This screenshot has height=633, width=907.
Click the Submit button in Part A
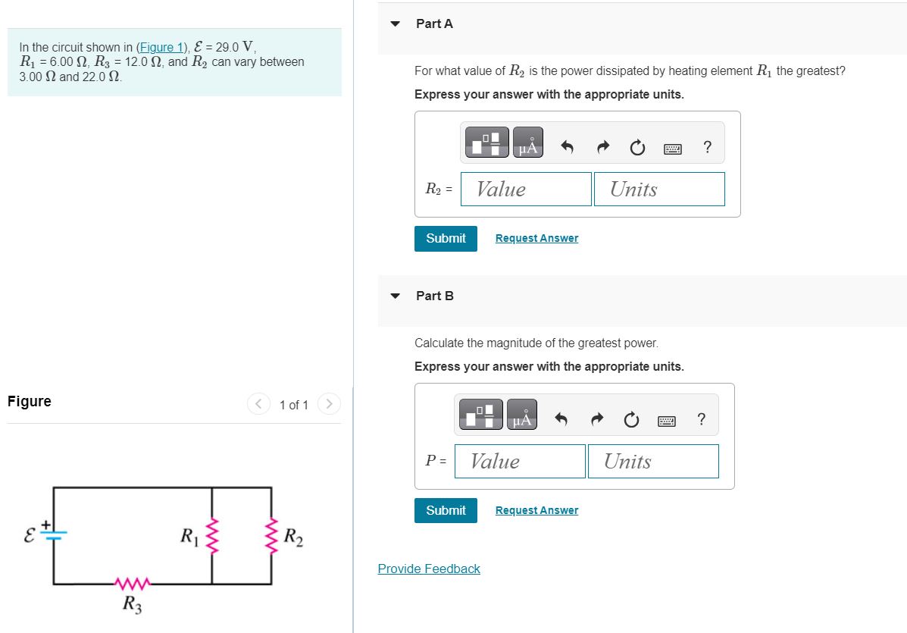click(446, 238)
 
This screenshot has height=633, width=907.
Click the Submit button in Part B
click(446, 510)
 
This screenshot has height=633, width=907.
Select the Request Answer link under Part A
click(536, 238)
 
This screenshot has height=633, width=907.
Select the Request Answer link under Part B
click(536, 510)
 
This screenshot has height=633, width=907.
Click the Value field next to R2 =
click(526, 189)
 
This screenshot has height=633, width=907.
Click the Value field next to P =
click(520, 461)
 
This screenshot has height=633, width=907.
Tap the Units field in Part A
click(659, 189)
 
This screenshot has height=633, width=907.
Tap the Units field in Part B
click(653, 461)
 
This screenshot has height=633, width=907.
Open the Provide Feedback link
click(429, 569)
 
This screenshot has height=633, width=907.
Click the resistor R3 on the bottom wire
click(133, 584)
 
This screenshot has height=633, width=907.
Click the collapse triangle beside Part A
click(395, 24)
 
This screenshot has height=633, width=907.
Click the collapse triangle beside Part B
click(395, 296)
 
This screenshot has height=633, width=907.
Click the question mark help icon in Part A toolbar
click(707, 147)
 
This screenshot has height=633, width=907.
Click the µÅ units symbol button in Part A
click(528, 143)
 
